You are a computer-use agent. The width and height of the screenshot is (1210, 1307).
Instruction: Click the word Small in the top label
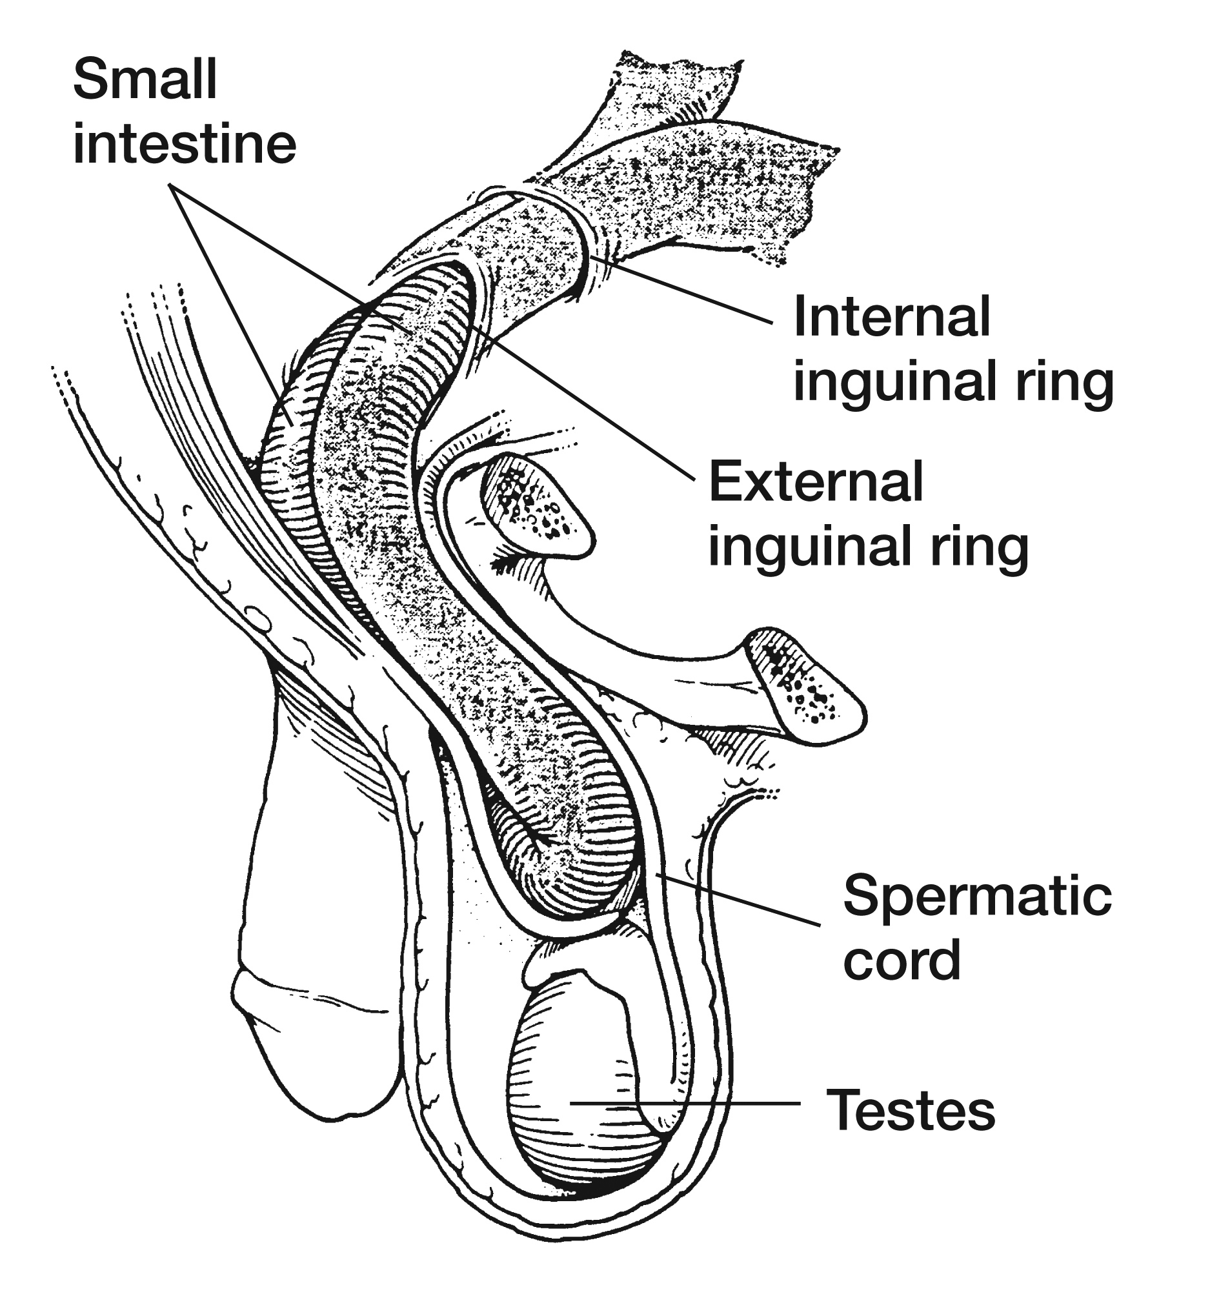point(145,80)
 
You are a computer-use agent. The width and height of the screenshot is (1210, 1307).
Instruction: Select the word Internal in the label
point(891,317)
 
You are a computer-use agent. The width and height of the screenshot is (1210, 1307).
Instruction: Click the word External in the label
point(816,481)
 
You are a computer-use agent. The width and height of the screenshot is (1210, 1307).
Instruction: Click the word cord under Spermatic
point(902,960)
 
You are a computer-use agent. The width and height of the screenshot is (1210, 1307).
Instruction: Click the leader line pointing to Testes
point(687,1103)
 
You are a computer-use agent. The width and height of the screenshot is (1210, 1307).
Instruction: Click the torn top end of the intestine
point(674,79)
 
